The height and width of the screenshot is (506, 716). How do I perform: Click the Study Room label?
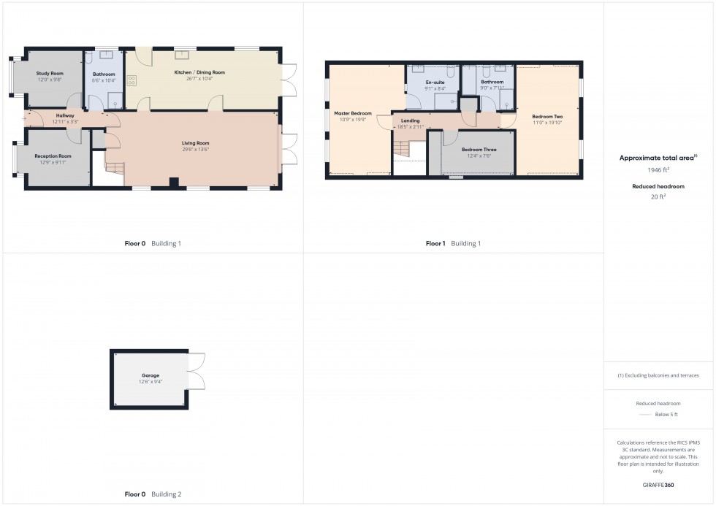coord(50,74)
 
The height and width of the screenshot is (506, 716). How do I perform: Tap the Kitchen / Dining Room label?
coord(199,72)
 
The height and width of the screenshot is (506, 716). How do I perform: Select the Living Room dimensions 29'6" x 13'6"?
coord(196,150)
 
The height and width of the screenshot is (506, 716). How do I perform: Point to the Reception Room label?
coord(53,156)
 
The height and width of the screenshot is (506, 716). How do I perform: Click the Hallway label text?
coord(65,115)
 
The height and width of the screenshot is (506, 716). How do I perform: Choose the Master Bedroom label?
coord(353,113)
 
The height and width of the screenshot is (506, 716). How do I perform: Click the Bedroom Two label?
coord(547,117)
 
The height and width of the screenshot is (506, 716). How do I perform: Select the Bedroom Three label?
coord(479,150)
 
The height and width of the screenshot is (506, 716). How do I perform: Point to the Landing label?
coord(410,120)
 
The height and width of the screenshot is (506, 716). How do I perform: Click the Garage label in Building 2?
coord(151,375)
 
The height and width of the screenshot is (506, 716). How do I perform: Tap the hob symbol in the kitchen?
coord(132,80)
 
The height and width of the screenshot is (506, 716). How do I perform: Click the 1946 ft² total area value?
coord(658,169)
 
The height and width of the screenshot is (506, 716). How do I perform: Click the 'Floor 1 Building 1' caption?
coord(453,243)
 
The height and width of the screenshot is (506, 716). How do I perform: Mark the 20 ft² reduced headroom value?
coord(658,196)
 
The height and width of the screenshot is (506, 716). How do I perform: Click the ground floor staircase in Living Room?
coord(114,167)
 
